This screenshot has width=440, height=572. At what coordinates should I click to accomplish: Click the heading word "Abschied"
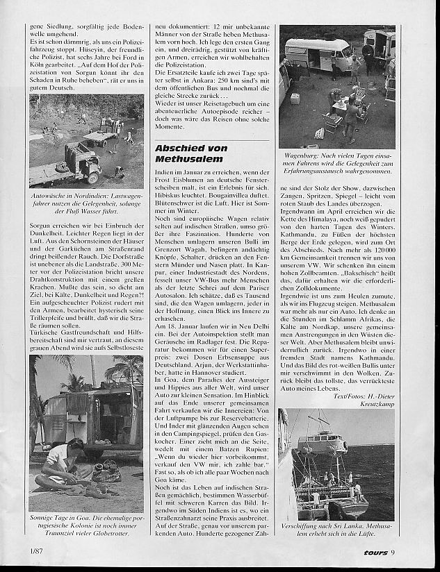tap(178, 148)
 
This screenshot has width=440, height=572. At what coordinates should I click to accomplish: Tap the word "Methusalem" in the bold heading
tap(183, 160)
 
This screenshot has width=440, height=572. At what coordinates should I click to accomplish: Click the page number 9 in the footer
tap(393, 552)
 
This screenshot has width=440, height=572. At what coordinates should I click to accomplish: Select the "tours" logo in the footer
tap(371, 552)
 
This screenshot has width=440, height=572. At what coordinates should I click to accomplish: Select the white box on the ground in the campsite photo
tap(295, 98)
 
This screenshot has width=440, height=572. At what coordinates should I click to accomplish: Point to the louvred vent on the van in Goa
tap(67, 406)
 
